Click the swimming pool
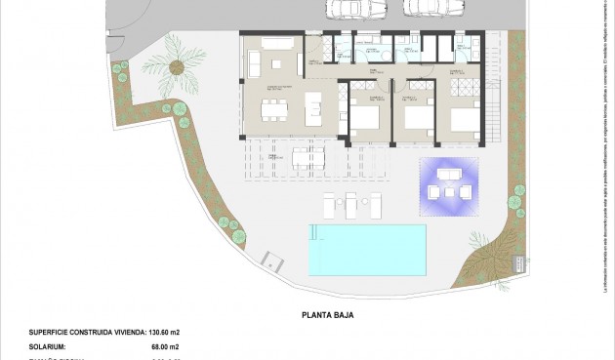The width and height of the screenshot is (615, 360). (368, 249)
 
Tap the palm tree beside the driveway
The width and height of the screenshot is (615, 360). (176, 66)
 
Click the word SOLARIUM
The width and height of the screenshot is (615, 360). (48, 346)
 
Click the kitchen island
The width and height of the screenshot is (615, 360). (313, 104)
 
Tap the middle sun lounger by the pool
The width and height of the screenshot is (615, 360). (349, 205)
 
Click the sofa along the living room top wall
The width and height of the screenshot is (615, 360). (275, 45)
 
